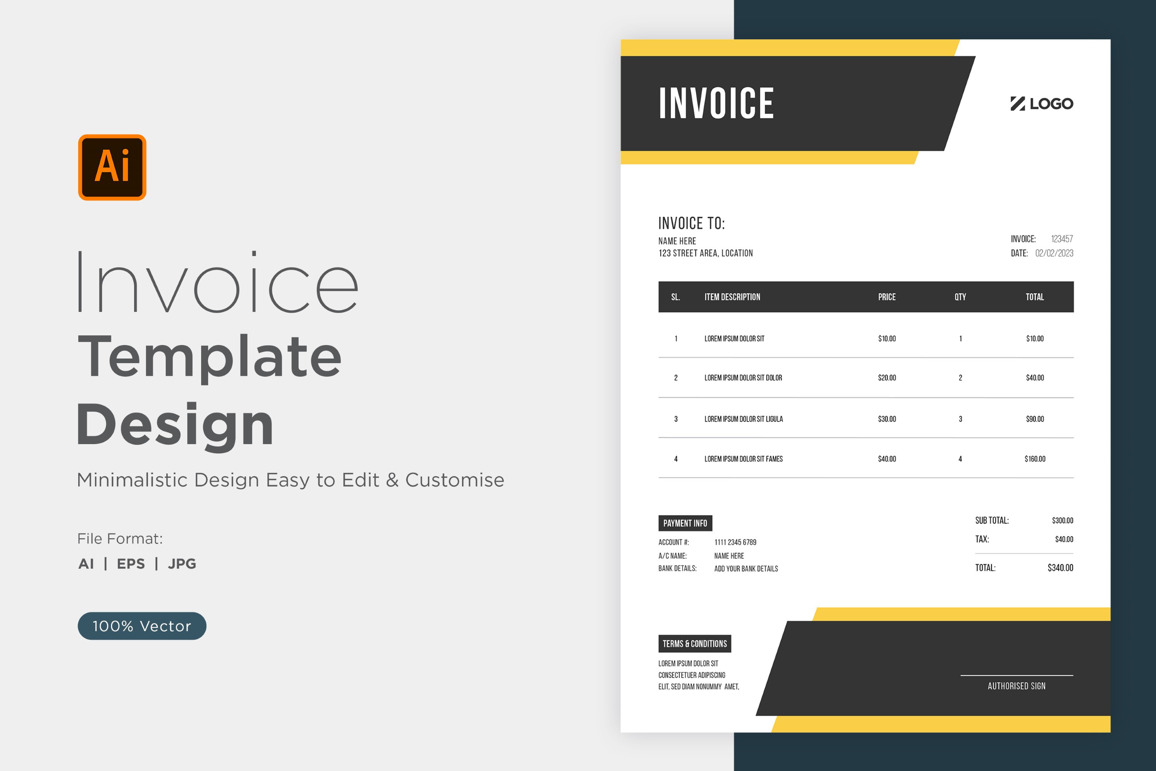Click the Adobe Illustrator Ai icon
112,167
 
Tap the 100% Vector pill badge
142,626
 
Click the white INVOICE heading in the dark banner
716,103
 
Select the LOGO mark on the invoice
1042,104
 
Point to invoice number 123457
1062,239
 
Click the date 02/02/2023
1054,253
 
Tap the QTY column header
960,297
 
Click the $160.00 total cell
1035,459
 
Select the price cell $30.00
887,419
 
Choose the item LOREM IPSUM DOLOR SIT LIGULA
744,419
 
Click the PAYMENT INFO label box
685,523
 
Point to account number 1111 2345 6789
735,542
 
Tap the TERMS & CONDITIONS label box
694,644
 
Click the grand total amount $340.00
1060,568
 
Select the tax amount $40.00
1064,539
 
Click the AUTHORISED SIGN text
1017,686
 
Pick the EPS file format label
131,564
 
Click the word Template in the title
210,357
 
